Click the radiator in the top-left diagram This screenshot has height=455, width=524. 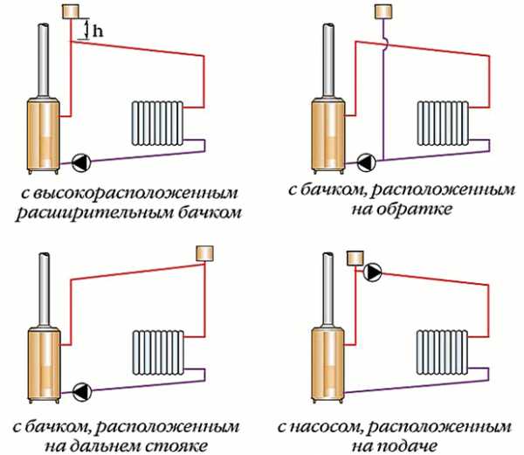tap(157, 122)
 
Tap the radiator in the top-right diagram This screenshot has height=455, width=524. tap(444, 122)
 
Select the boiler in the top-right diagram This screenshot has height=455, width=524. tap(328, 131)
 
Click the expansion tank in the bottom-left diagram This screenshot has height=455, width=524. tap(206, 253)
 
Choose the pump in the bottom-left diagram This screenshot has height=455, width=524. tap(82, 389)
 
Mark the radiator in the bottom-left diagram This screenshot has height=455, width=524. tap(157, 351)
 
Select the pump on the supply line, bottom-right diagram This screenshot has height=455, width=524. tap(374, 272)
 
